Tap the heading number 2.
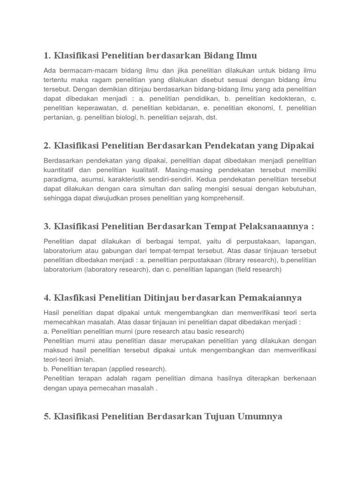click(x=46, y=145)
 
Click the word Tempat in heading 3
click(x=220, y=226)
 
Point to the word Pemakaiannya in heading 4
click(x=272, y=297)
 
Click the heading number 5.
click(x=46, y=415)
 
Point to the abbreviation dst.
click(x=211, y=117)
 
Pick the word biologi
click(x=123, y=117)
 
